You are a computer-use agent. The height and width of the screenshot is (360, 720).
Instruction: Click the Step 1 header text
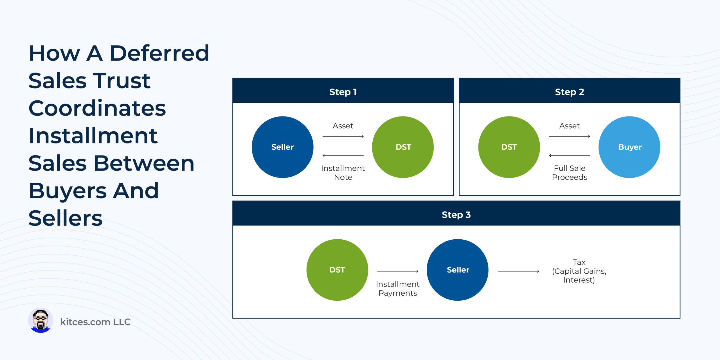[343, 92]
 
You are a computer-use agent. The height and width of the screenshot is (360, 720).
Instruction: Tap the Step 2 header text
[570, 92]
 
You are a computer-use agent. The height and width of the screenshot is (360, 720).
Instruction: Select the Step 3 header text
[456, 215]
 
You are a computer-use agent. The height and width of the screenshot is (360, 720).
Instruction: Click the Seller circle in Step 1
[283, 147]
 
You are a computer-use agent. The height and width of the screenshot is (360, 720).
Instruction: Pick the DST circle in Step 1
[403, 147]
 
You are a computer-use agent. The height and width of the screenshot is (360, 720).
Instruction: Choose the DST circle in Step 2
[509, 147]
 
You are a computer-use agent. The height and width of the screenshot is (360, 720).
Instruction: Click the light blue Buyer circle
[629, 147]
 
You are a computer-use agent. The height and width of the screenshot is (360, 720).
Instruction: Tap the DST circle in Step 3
[337, 270]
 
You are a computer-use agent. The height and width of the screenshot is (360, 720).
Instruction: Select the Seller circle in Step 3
[458, 270]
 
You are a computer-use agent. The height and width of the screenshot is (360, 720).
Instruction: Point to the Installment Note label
[343, 173]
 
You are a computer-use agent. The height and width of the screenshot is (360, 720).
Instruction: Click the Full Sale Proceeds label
[570, 173]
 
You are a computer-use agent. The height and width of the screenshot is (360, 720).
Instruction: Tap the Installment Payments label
[398, 289]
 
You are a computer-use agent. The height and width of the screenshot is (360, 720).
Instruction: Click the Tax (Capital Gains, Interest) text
[579, 271]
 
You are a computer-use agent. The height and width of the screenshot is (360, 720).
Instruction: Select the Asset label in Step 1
[343, 126]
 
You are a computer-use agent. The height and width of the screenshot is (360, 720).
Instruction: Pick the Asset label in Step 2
[570, 126]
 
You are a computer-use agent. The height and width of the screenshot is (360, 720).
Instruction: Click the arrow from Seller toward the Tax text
[519, 271]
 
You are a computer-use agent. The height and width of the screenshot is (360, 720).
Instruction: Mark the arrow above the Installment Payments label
[398, 271]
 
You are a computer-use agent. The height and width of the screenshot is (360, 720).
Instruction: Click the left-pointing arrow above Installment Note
[343, 156]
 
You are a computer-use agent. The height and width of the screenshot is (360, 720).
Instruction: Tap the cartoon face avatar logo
[40, 320]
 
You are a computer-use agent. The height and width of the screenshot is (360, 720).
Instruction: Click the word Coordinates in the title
[97, 108]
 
